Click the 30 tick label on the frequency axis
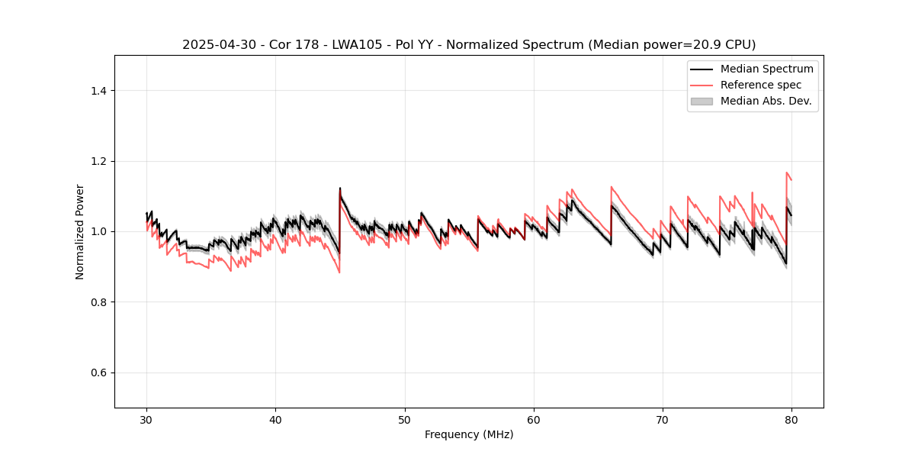tap(147, 419)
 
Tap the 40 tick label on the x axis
tap(276, 419)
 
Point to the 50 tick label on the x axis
tap(405, 419)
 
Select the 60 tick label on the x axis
tap(534, 419)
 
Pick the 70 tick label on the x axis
tap(663, 419)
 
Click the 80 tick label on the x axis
tap(791, 419)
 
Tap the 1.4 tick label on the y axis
tap(98, 91)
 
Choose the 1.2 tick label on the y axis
tap(98, 161)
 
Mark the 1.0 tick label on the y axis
tap(98, 231)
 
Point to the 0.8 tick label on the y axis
tap(98, 302)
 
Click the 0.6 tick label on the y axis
tap(98, 373)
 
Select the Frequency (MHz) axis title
tap(469, 434)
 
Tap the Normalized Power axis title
tap(80, 231)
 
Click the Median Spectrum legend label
tap(766, 69)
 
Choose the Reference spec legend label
tap(761, 85)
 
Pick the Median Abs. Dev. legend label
tap(766, 101)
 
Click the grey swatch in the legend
tap(701, 101)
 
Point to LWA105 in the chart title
tap(350, 45)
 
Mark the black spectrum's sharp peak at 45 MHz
tap(340, 189)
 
